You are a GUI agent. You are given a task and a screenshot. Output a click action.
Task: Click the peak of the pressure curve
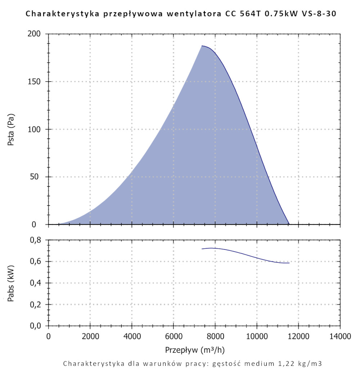pos(202,46)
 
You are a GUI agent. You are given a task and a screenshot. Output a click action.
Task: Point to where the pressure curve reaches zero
pos(289,224)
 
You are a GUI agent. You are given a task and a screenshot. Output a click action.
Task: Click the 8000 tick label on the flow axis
pos(215,337)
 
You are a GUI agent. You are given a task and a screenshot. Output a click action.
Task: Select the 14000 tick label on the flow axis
pos(340,337)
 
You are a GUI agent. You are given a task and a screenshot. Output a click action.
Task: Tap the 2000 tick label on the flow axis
pos(90,337)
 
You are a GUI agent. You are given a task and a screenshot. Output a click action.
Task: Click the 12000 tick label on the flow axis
pos(298,337)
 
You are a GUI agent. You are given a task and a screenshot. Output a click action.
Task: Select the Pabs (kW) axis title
pos(11,283)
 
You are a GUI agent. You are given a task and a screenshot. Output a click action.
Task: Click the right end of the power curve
pos(289,263)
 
